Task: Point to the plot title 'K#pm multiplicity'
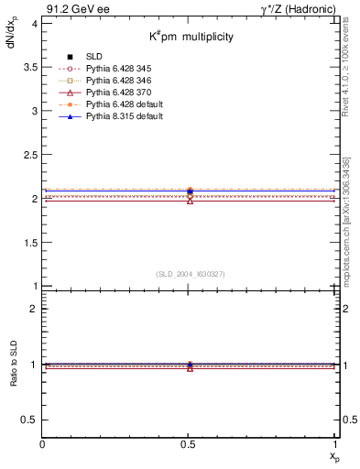tap(191, 38)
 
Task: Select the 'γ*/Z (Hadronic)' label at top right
tap(299, 8)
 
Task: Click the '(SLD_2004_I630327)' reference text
tap(191, 274)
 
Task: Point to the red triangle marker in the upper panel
tap(190, 200)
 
